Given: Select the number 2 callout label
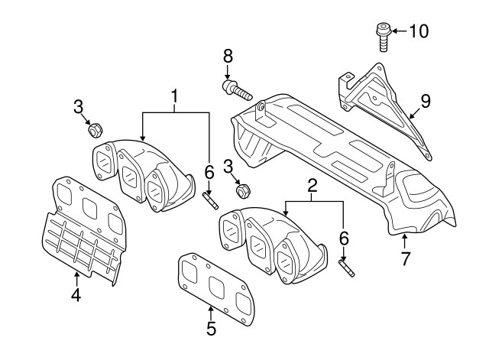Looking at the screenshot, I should [x=313, y=184].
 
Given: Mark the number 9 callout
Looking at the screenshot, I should [x=426, y=99].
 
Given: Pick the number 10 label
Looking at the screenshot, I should [x=419, y=31].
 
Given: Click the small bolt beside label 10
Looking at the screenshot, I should [x=381, y=36].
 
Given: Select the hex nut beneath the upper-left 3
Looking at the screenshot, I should [x=96, y=130].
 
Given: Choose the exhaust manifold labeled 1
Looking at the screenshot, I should [x=145, y=172].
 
